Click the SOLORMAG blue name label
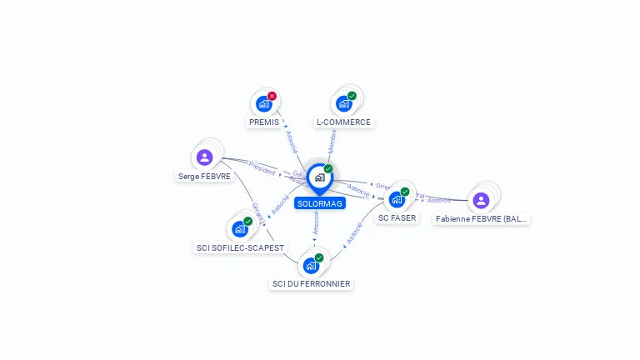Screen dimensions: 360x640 pos(319,203)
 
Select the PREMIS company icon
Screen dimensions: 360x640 pos(264,103)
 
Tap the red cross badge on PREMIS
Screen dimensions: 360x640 pos(272,96)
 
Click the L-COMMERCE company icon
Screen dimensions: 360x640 pos(343,103)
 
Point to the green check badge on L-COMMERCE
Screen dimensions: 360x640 pos(352,96)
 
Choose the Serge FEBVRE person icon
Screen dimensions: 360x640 pos(205,157)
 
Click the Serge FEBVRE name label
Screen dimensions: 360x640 pos(205,176)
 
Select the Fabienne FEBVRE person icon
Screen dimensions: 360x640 pos(481,200)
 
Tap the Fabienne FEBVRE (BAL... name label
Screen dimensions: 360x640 pos(482,219)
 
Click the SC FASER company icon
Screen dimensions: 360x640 pos(397,199)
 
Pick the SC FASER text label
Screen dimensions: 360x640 pos(397,217)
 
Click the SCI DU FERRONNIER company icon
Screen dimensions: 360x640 pos(311,265)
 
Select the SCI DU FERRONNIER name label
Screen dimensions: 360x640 pos(311,284)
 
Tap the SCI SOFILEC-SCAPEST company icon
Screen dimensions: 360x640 pos(240,228)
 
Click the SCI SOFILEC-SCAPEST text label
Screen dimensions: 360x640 pos(240,247)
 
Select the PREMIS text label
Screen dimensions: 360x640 pos(264,122)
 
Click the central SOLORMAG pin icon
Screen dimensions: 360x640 pos(319,177)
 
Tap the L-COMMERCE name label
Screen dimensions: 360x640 pos(343,122)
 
